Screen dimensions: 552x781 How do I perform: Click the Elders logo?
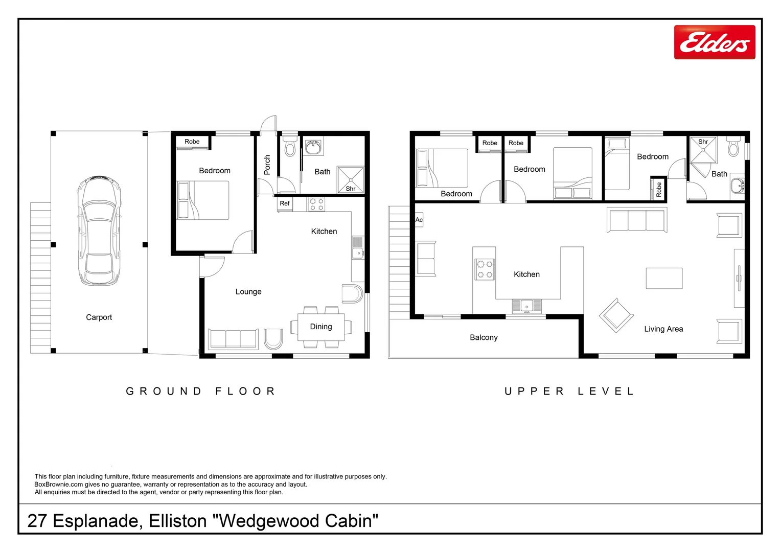(x=714, y=42)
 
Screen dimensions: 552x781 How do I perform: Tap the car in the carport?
(x=99, y=231)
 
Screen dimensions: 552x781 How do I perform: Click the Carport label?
(x=99, y=317)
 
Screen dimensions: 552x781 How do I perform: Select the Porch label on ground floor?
(x=267, y=165)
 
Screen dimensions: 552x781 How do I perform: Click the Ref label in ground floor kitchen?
(x=285, y=203)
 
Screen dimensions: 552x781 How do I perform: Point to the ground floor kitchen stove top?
(x=316, y=204)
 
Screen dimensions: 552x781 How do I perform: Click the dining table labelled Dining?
(x=321, y=327)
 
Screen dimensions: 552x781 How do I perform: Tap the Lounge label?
(x=248, y=292)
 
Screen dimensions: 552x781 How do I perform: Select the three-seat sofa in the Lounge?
(x=233, y=339)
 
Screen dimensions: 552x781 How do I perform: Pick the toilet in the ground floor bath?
(x=290, y=146)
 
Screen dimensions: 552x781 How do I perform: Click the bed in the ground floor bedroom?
(x=202, y=201)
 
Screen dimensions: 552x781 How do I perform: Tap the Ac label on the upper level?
(x=419, y=220)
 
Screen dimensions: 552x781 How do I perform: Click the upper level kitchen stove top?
(x=485, y=269)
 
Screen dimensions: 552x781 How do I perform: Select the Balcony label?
(x=484, y=338)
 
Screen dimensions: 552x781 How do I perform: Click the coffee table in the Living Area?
(x=664, y=279)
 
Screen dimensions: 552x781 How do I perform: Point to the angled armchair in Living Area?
(x=616, y=315)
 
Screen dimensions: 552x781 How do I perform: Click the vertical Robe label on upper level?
(x=658, y=190)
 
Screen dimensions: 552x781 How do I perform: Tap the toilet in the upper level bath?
(x=733, y=147)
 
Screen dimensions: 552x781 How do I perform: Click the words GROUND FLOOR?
(x=201, y=392)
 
